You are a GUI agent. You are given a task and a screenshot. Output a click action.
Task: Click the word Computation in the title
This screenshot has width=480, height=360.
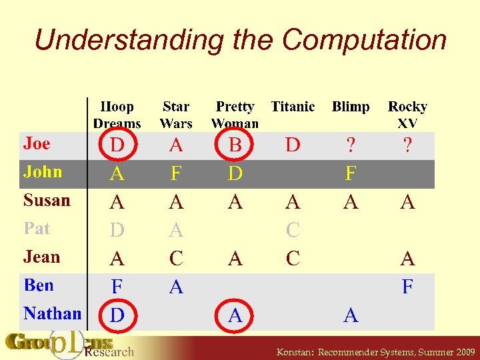coord(364,40)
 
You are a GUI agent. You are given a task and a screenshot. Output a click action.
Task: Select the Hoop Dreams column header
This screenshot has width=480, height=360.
coord(117,115)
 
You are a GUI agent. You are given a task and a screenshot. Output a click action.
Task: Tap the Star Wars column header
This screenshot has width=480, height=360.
coord(176,115)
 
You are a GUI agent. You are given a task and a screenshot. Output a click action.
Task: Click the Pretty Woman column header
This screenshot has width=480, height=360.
coord(235,115)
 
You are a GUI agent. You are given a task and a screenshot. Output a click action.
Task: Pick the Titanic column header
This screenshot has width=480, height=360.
coord(293,107)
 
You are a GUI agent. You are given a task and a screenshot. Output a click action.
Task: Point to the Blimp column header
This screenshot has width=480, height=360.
coord(351,107)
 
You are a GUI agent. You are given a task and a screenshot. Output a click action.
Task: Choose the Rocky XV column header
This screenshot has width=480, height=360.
coord(407,115)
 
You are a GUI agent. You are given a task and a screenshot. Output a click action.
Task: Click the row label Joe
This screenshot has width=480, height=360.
coord(37,143)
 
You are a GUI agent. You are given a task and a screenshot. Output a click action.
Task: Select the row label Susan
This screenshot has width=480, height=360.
coord(47,200)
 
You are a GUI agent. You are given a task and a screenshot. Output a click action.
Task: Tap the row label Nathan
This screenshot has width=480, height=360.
coord(53,313)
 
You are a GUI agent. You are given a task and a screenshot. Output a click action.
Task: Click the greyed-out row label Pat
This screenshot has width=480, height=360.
coord(37,229)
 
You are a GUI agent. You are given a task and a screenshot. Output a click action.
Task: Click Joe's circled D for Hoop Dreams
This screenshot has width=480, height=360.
coord(117,145)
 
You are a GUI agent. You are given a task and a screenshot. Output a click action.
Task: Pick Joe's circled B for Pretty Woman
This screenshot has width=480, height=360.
coord(235,145)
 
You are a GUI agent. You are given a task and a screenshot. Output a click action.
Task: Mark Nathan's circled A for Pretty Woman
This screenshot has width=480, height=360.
coord(235,315)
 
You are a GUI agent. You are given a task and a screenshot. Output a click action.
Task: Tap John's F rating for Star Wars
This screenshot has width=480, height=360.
coord(176,174)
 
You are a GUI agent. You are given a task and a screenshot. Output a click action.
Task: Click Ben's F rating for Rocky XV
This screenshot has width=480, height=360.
coord(407,287)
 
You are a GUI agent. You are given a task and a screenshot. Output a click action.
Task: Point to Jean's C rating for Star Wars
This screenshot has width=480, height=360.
coord(176,259)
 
